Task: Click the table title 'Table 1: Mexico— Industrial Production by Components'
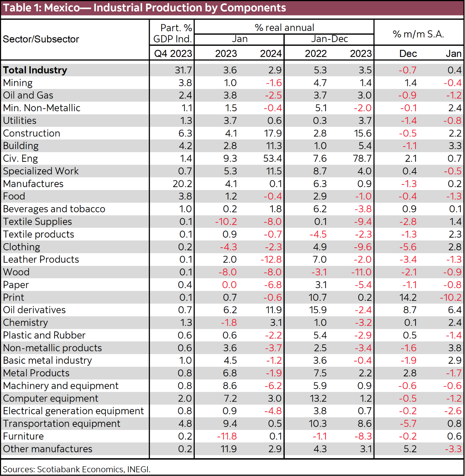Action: pyautogui.click(x=145, y=8)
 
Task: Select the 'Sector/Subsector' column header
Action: pyautogui.click(x=41, y=39)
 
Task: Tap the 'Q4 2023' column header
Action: pyautogui.click(x=173, y=54)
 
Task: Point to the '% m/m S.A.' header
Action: pyautogui.click(x=418, y=34)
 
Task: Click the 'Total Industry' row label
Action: pyautogui.click(x=35, y=70)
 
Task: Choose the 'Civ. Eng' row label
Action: pyautogui.click(x=20, y=158)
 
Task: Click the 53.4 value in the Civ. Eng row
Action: pyautogui.click(x=272, y=158)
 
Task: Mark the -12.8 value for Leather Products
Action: pyautogui.click(x=271, y=260)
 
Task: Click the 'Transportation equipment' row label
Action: pyautogui.click(x=62, y=424)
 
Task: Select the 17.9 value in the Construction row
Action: pyautogui.click(x=273, y=133)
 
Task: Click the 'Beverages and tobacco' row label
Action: pyautogui.click(x=54, y=209)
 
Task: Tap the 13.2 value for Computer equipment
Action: pyautogui.click(x=318, y=398)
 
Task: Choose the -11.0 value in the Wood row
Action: pyautogui.click(x=361, y=272)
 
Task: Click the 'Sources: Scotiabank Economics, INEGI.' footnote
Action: pyautogui.click(x=77, y=469)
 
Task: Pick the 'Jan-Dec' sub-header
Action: pyautogui.click(x=329, y=39)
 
